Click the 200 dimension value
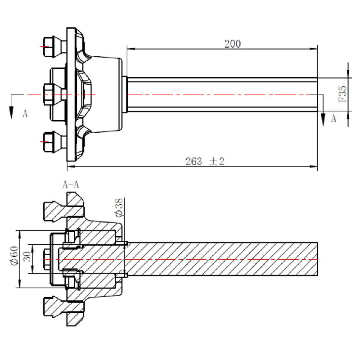point(233,44)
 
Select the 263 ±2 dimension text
point(205,162)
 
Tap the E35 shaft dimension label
point(342,94)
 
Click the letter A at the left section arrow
point(25,114)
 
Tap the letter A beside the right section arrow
point(333,118)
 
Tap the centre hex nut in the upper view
point(48,94)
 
